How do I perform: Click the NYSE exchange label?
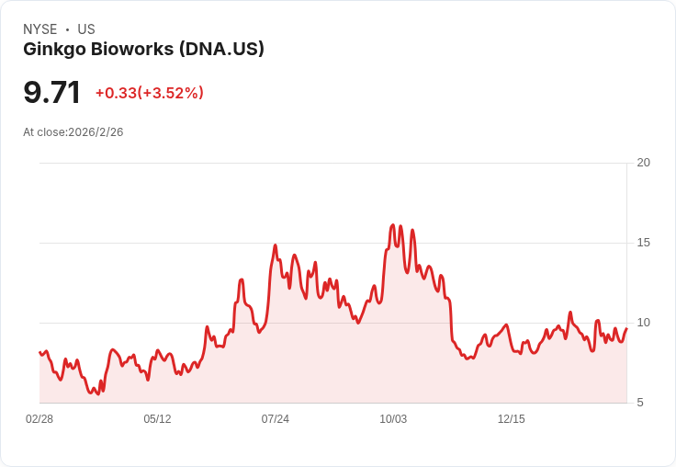point(39,29)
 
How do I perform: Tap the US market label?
point(86,29)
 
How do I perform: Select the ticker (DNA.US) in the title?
point(221,49)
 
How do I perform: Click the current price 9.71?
point(52,93)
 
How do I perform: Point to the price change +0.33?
point(116,93)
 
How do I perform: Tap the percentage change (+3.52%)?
point(172,93)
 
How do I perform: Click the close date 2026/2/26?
point(96,132)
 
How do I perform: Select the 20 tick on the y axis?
point(643,163)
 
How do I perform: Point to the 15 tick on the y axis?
point(643,243)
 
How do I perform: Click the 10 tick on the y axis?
point(643,323)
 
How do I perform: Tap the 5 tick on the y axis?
point(641,403)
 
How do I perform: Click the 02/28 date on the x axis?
point(39,419)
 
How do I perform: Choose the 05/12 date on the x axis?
point(157,419)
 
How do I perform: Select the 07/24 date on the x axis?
point(275,419)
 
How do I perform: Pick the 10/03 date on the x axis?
point(393,419)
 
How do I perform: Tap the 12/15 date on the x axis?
point(511,419)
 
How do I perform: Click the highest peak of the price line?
point(393,224)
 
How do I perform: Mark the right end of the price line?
point(626,329)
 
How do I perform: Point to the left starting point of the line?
point(39,352)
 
